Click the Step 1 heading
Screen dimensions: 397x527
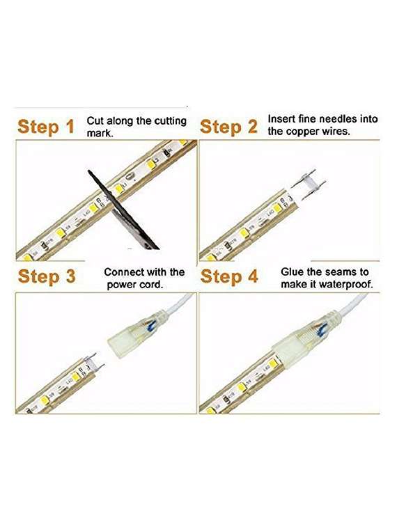coord(46,127)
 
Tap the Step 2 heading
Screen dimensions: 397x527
coord(228,127)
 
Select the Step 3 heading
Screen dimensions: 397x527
coord(47,276)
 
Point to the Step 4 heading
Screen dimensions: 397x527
coord(229,276)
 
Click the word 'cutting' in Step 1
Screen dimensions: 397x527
coord(170,121)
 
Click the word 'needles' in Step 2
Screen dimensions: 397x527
coord(339,119)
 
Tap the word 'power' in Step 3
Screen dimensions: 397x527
coord(121,285)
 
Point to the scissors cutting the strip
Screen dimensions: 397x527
coord(123,210)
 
